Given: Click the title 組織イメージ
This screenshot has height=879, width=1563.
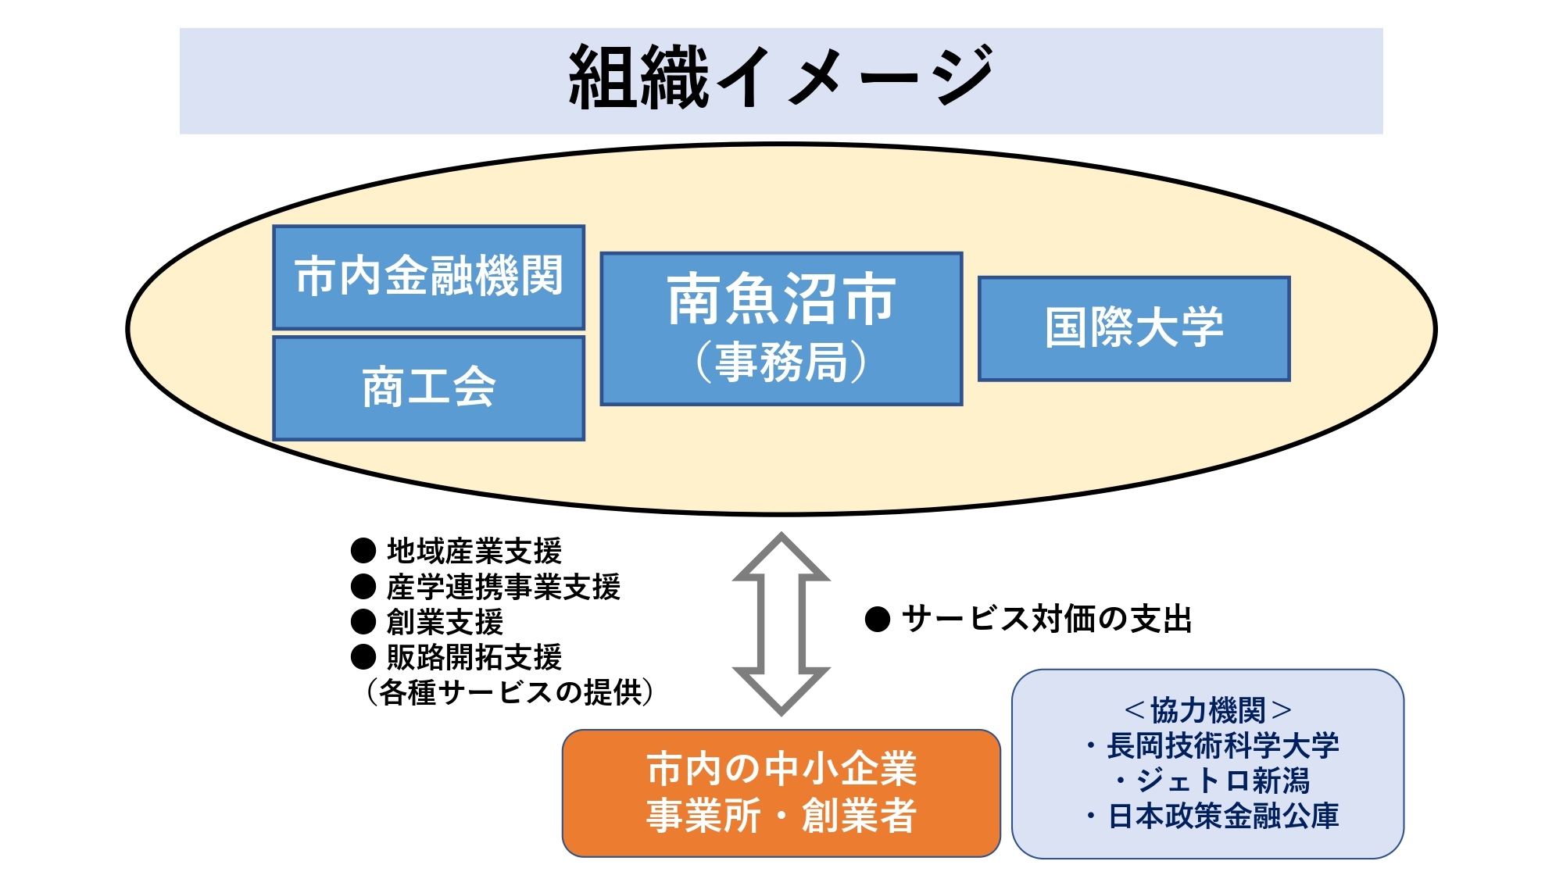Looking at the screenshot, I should coord(781,77).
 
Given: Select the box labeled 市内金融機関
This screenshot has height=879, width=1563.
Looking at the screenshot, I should coord(428,277).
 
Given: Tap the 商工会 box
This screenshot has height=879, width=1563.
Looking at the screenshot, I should coord(428,388).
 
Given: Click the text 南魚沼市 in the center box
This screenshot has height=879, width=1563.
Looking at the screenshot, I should coord(781,299).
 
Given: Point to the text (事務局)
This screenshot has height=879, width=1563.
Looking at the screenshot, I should coord(781,362).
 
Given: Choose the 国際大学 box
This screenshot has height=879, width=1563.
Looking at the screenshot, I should coord(1134,328).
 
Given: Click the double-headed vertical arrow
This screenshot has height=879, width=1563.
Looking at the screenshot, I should coord(781,624).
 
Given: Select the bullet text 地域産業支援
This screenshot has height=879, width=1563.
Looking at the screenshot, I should coord(474,552).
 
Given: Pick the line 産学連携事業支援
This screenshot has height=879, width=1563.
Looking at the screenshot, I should coord(503,588).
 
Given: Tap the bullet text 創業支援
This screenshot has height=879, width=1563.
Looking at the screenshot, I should coord(445,623).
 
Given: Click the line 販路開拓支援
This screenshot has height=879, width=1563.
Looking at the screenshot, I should coord(474,658).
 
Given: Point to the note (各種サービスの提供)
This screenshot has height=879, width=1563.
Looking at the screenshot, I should coord(510,692).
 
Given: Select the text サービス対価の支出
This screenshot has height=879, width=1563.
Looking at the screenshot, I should coord(1046,620).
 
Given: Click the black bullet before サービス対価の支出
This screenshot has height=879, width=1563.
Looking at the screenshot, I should coord(878,620).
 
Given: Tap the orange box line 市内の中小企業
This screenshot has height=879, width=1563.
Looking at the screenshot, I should coord(781,769).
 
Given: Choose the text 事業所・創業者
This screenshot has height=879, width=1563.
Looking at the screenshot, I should coord(781,816).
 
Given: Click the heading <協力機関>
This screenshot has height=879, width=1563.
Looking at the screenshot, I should coord(1207,711).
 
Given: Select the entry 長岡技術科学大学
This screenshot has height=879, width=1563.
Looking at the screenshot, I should coord(1221,746).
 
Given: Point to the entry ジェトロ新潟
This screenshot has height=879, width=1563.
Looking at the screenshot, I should coord(1221,781).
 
